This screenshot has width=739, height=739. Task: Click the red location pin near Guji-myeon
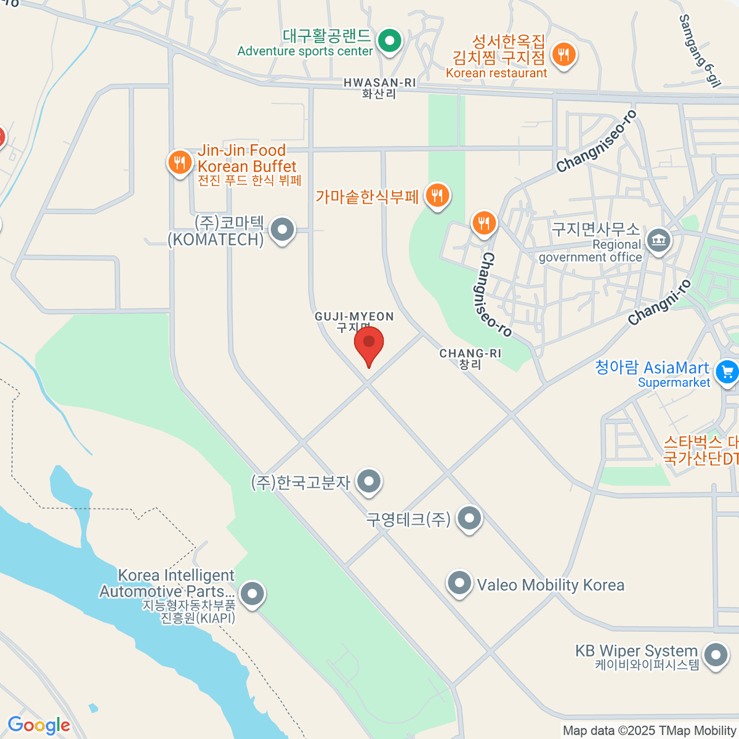click(x=369, y=344)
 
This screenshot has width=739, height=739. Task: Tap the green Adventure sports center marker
click(x=389, y=41)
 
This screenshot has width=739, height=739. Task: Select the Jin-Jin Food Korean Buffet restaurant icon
click(x=179, y=163)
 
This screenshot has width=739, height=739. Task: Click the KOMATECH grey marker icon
click(x=283, y=229)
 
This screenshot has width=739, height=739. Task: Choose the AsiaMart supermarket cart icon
click(x=727, y=371)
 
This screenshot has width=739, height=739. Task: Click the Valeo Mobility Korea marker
click(x=459, y=583)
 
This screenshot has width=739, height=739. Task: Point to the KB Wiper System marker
click(x=715, y=656)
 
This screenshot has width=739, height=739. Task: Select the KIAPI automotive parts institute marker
click(x=251, y=594)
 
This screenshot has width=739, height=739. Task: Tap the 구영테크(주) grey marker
click(x=469, y=519)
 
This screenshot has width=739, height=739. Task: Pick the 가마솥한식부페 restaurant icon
click(x=437, y=196)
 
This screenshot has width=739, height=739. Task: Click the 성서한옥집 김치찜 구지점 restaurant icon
click(x=563, y=54)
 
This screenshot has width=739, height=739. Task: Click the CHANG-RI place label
click(x=470, y=353)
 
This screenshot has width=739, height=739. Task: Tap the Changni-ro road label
click(x=660, y=302)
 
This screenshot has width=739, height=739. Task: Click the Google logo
click(x=39, y=725)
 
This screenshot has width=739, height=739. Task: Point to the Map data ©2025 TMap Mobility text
click(x=650, y=730)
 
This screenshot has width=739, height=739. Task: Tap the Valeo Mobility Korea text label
click(x=551, y=584)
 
